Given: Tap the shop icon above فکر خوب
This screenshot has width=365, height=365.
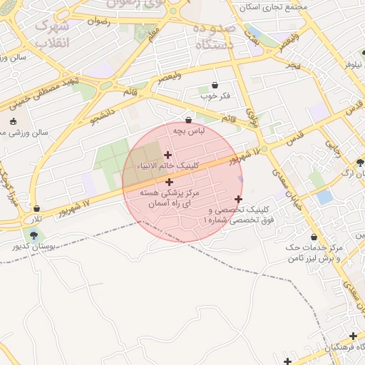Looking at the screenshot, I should click(x=215, y=85).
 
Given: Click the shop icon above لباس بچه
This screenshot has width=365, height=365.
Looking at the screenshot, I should click(x=188, y=120).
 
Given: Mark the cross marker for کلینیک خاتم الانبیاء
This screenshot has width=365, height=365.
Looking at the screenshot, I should click(x=168, y=155).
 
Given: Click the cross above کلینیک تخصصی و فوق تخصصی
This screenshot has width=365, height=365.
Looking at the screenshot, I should click(x=238, y=199).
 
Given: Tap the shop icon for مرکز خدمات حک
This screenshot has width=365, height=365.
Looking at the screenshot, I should click(x=314, y=237).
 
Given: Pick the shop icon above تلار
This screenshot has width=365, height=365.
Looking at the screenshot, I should click(x=36, y=208).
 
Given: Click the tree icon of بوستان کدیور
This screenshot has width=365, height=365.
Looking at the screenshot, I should click(x=34, y=235).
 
